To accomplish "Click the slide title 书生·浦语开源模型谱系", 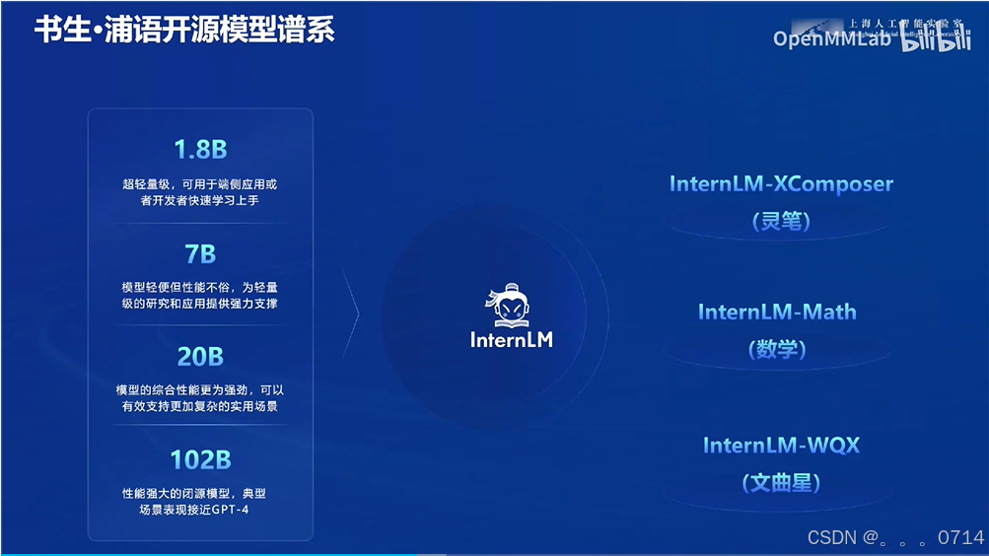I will tap(184, 30).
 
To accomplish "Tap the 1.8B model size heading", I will tap(200, 150).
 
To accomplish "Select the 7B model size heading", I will tap(200, 254).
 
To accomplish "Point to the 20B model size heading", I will tap(200, 357).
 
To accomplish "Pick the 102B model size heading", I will tap(200, 459).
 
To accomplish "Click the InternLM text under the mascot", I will tap(512, 340).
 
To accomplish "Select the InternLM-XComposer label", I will tap(781, 184).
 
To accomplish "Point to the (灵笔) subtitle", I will tap(781, 221).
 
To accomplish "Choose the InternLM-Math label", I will tap(777, 313).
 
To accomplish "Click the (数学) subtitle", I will tap(777, 349).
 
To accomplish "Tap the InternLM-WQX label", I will tap(781, 446).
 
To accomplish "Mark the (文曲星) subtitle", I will tap(781, 483).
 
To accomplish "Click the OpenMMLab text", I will tap(832, 38).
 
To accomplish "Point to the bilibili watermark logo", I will tap(938, 39).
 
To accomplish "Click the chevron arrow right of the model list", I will tap(352, 315).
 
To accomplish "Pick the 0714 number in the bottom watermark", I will tap(960, 537).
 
